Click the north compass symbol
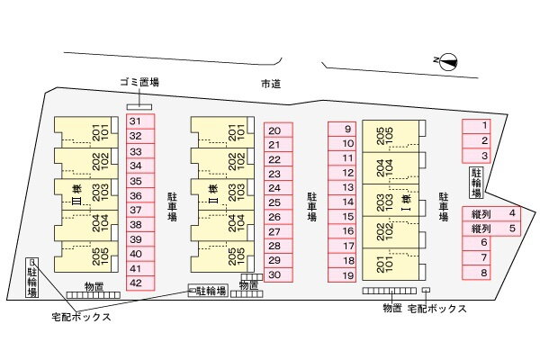449,62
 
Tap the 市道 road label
271,84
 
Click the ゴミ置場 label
139,82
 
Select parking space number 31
140,121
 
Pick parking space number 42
140,283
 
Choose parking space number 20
279,130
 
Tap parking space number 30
279,274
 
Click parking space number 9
342,130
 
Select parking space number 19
342,274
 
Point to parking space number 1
476,126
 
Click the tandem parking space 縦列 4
491,214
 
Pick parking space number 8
476,273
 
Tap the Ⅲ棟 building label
76,195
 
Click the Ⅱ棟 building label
213,195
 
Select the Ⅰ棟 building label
407,203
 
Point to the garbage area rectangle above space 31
139,107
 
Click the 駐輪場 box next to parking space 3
477,183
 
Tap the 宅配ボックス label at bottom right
437,309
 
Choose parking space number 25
279,202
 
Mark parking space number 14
342,202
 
